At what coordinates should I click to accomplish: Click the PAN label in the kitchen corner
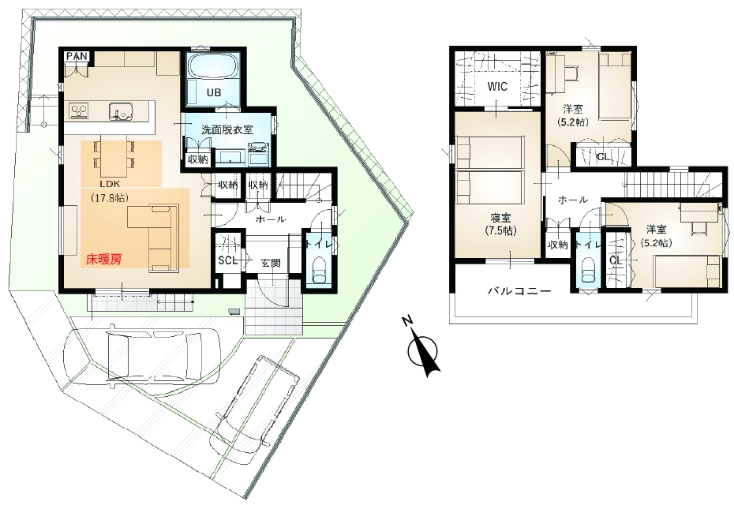pos(77,56)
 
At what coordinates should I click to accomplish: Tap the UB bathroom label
pos(213,92)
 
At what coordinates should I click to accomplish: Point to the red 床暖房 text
pos(104,258)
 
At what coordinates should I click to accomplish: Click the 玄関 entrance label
pos(271,263)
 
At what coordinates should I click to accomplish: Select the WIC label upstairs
pos(496,85)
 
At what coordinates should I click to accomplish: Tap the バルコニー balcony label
pos(518,290)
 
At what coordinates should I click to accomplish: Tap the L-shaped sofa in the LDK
pos(158,233)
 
